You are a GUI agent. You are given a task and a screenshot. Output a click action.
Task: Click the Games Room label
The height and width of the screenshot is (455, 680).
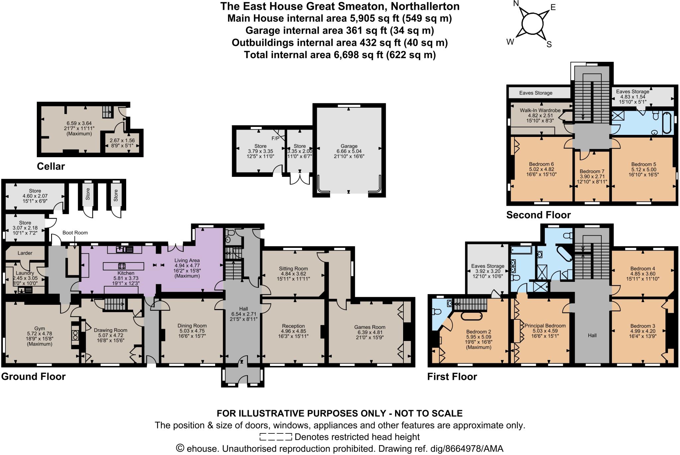[x=370, y=327]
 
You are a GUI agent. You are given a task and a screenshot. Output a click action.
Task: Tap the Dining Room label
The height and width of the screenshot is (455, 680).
[x=192, y=326]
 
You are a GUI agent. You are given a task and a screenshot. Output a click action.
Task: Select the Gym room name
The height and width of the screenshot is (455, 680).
[x=40, y=328]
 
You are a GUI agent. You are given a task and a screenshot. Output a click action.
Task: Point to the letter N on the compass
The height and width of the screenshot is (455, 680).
[x=516, y=4]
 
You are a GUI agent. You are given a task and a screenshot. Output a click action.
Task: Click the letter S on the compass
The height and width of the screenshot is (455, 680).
[x=549, y=45]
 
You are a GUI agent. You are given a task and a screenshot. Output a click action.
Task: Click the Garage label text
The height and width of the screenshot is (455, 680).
[x=349, y=146]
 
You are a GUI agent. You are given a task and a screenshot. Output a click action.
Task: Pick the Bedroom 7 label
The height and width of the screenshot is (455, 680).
[x=592, y=171]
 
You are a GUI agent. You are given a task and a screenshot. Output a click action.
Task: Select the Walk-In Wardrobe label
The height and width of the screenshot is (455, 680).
[x=540, y=110]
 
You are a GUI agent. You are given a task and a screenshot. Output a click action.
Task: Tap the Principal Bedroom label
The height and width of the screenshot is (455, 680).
[x=545, y=326]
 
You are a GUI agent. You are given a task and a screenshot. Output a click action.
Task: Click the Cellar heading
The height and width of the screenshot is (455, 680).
[x=51, y=166]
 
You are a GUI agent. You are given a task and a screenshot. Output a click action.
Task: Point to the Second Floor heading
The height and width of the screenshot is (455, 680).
[x=538, y=215]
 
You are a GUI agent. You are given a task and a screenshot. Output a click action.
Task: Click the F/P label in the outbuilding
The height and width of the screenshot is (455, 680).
[x=275, y=138]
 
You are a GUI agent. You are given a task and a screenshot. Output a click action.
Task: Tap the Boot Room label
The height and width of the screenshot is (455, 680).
[x=75, y=233]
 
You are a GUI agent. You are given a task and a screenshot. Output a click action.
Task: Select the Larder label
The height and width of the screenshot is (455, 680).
[x=25, y=253]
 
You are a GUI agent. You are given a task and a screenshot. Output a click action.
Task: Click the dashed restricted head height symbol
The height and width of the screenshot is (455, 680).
[x=276, y=437]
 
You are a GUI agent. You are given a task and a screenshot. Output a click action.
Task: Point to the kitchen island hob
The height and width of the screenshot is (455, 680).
[x=122, y=266]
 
